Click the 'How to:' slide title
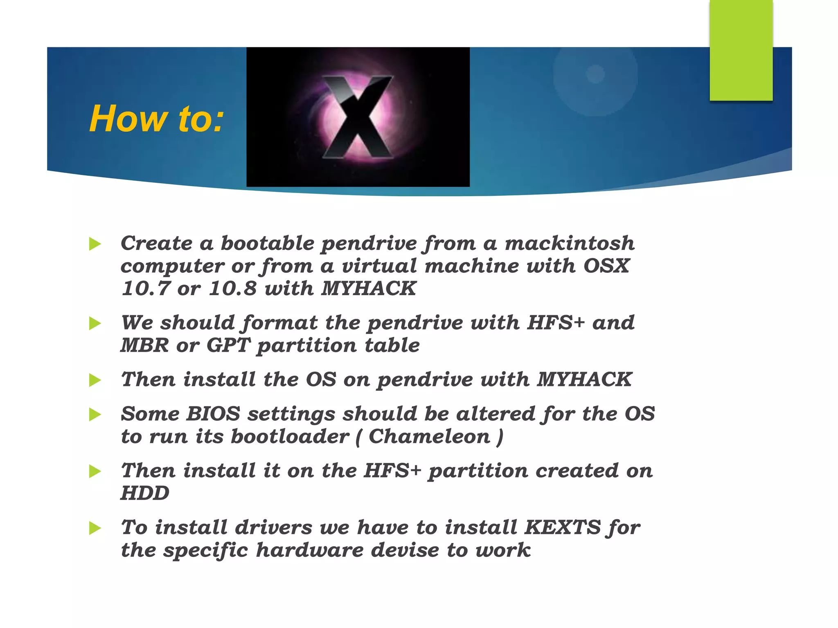point(157,119)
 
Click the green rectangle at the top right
point(741,50)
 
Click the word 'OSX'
point(606,266)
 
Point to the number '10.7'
point(146,288)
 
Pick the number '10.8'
point(232,288)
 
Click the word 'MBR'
point(144,345)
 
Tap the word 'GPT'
point(228,345)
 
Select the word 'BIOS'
point(213,413)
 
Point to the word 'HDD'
point(145,493)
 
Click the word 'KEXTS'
point(562,527)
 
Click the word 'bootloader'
point(290,436)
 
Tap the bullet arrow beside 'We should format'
point(95,323)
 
